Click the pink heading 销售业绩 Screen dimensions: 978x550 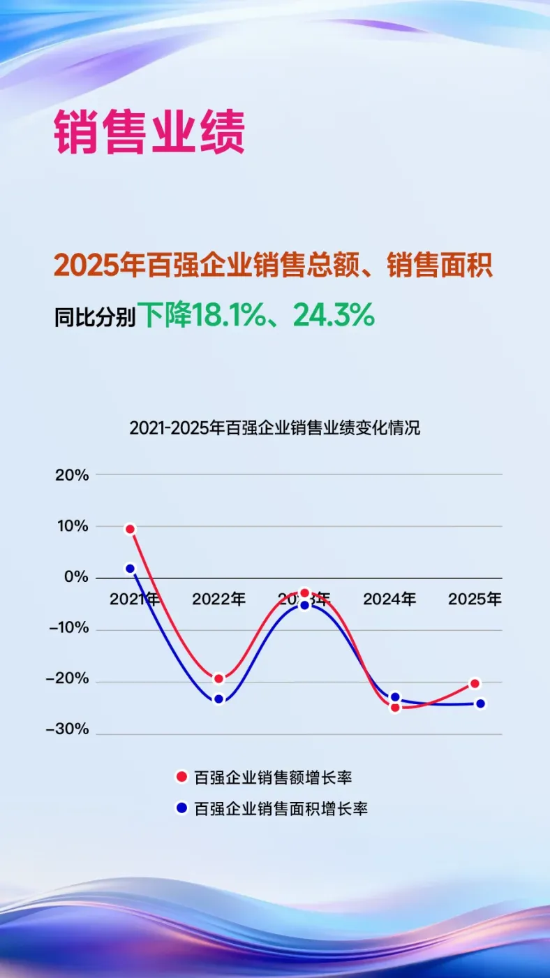point(149,131)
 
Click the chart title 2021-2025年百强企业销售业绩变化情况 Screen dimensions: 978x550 point(275,428)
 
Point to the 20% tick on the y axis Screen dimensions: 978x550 point(72,475)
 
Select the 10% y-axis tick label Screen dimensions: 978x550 point(72,526)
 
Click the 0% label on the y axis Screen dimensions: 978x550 point(76,578)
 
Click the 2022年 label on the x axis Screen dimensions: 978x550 point(218,599)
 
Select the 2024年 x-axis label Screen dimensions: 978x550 point(389,599)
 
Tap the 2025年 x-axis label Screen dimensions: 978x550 point(475,599)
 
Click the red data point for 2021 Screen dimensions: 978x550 point(130,529)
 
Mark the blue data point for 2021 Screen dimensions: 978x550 point(130,569)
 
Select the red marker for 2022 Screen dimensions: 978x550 point(218,678)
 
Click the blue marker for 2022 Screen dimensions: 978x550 point(218,699)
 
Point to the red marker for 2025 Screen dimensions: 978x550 point(475,683)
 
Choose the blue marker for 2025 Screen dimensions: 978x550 point(480,703)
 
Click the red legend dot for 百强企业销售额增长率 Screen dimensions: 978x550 point(181,777)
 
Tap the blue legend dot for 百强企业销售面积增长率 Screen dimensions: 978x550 point(181,808)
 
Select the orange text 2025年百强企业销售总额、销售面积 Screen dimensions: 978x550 point(274,265)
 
